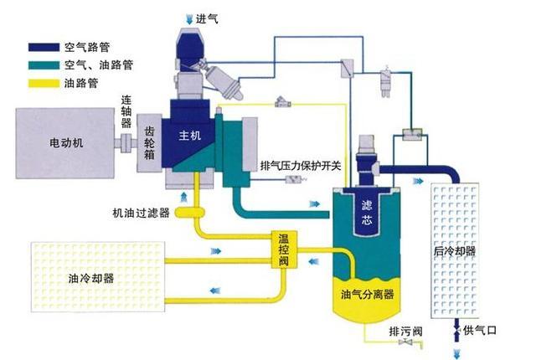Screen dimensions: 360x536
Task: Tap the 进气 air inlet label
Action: pyautogui.click(x=207, y=18)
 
